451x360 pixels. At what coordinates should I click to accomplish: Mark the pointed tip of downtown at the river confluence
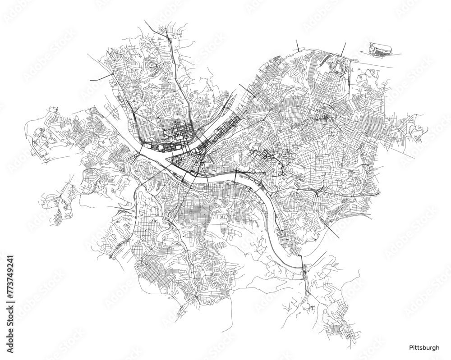click(169, 159)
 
